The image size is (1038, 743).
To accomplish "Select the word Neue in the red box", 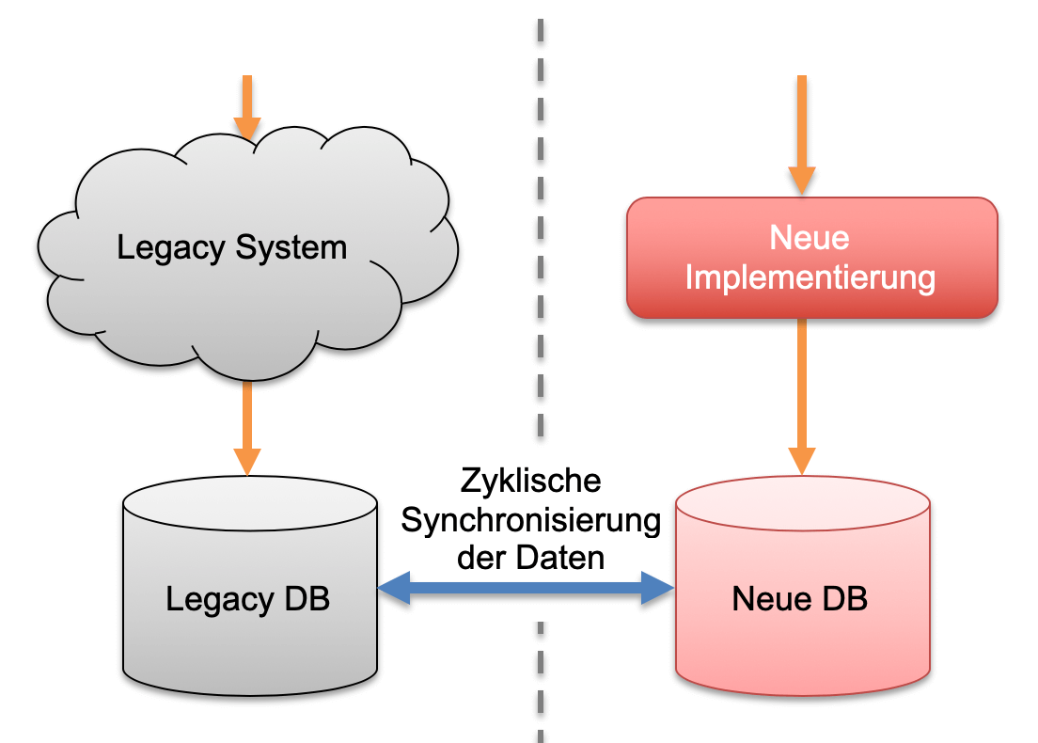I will click(x=810, y=237).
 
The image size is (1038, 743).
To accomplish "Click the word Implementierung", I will click(x=810, y=277).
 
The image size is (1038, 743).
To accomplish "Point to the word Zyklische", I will click(x=530, y=482).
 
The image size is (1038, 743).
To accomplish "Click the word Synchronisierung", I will click(x=530, y=520).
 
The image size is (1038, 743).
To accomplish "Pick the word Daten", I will click(x=560, y=558).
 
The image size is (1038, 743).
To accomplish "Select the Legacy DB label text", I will click(x=248, y=599).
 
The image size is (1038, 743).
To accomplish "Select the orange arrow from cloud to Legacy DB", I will click(x=246, y=428).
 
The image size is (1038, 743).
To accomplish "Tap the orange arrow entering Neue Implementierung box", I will click(x=801, y=132).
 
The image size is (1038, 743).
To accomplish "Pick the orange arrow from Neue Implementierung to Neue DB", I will click(x=801, y=395).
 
